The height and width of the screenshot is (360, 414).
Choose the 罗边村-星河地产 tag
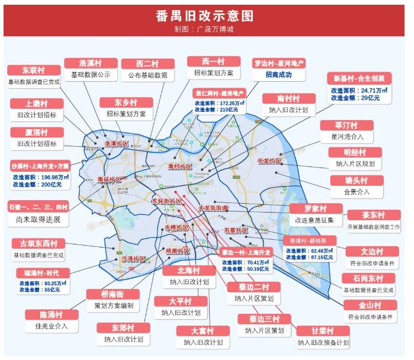pos(279,63)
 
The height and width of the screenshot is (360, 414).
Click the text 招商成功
pos(278,75)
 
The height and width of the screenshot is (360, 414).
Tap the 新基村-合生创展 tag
pos(359,78)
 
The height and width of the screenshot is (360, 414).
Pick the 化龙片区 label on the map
pos(269,160)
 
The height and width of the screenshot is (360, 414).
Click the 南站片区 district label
pos(109,179)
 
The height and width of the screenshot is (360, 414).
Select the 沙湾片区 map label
pos(133,259)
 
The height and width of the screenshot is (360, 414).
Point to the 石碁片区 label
pos(235,230)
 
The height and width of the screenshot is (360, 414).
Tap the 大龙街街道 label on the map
pos(213,208)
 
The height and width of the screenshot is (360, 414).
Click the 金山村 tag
pos(370,306)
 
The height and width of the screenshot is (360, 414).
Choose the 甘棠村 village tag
pos(323,331)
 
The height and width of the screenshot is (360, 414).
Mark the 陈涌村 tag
pos(51,314)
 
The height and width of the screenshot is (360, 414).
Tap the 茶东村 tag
pos(374,215)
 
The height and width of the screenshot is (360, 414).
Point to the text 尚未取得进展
pos(38,220)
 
